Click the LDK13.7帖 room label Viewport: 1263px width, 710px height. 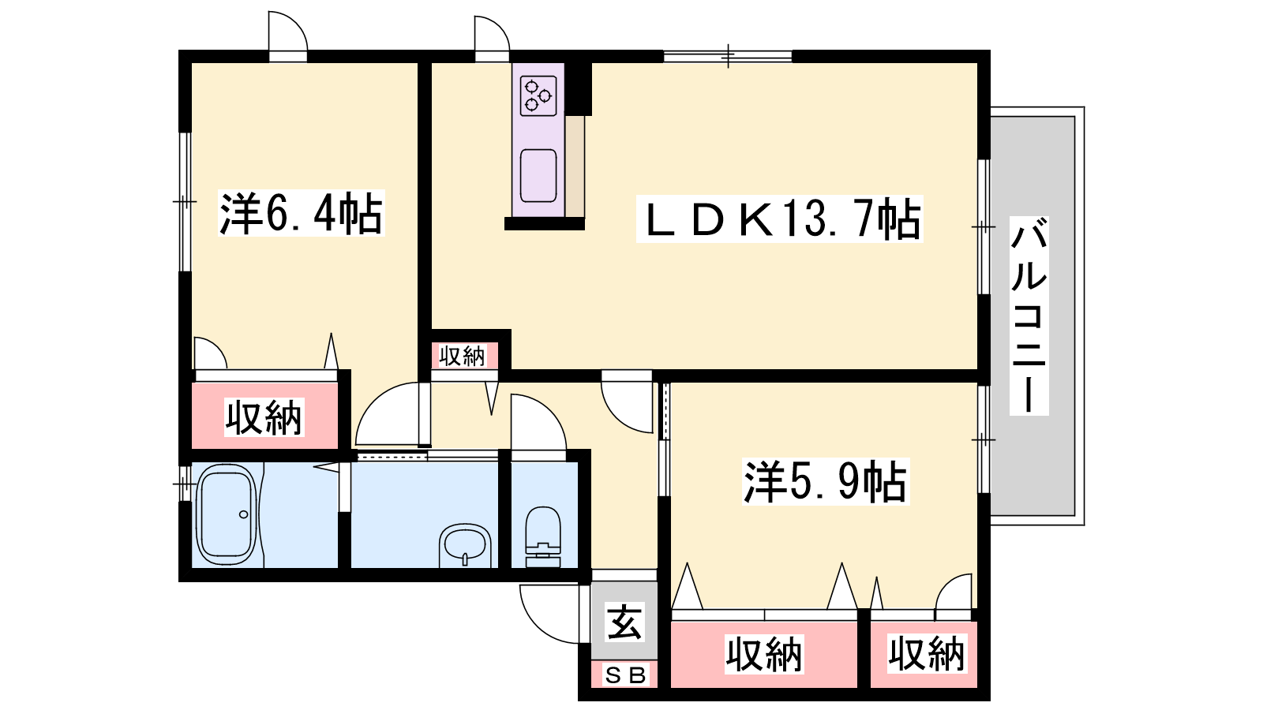tap(779, 219)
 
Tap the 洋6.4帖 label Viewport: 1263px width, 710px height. tap(301, 213)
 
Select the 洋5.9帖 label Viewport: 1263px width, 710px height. tap(825, 481)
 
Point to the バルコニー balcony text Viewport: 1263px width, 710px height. tap(1029, 316)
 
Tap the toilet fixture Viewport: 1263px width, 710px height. tap(542, 536)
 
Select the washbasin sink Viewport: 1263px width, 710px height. tap(465, 544)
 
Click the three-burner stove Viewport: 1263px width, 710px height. tap(538, 95)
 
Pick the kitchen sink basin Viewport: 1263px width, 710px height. tap(538, 175)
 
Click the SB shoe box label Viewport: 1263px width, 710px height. tap(624, 674)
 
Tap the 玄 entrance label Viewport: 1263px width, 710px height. tap(624, 622)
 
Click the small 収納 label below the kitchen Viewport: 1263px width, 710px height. tap(463, 356)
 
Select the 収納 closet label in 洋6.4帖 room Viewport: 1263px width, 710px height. tap(264, 417)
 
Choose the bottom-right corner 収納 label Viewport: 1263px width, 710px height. tap(926, 654)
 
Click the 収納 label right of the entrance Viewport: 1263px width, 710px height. tap(763, 654)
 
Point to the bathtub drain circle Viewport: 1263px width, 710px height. tap(243, 514)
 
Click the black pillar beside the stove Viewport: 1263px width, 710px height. tap(578, 88)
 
